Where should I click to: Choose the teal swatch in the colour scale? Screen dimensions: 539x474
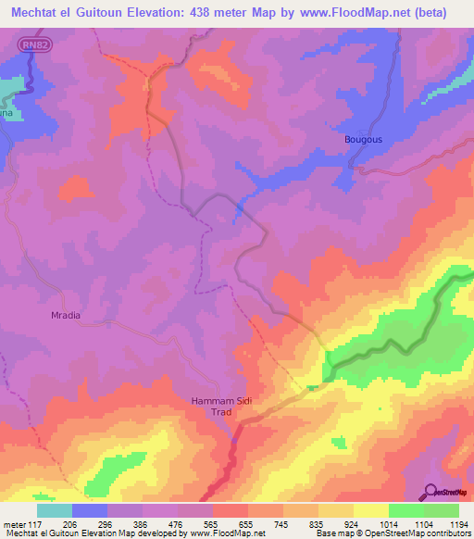(x=55, y=510)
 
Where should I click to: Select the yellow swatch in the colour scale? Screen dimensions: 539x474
(x=370, y=510)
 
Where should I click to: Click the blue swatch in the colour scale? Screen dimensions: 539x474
(x=90, y=510)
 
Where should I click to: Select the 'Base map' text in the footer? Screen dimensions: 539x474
(x=331, y=533)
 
